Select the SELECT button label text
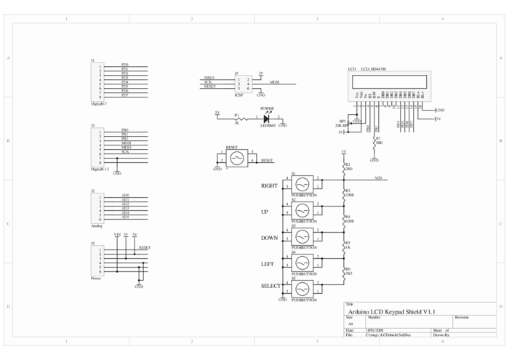click(270, 287)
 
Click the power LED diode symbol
click(266, 118)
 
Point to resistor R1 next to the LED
click(236, 119)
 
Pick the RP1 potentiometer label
click(342, 121)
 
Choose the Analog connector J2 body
click(96, 206)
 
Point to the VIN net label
click(116, 234)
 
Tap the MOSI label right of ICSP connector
click(275, 83)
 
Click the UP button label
click(265, 212)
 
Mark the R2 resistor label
click(348, 164)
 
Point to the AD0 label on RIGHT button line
click(377, 177)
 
